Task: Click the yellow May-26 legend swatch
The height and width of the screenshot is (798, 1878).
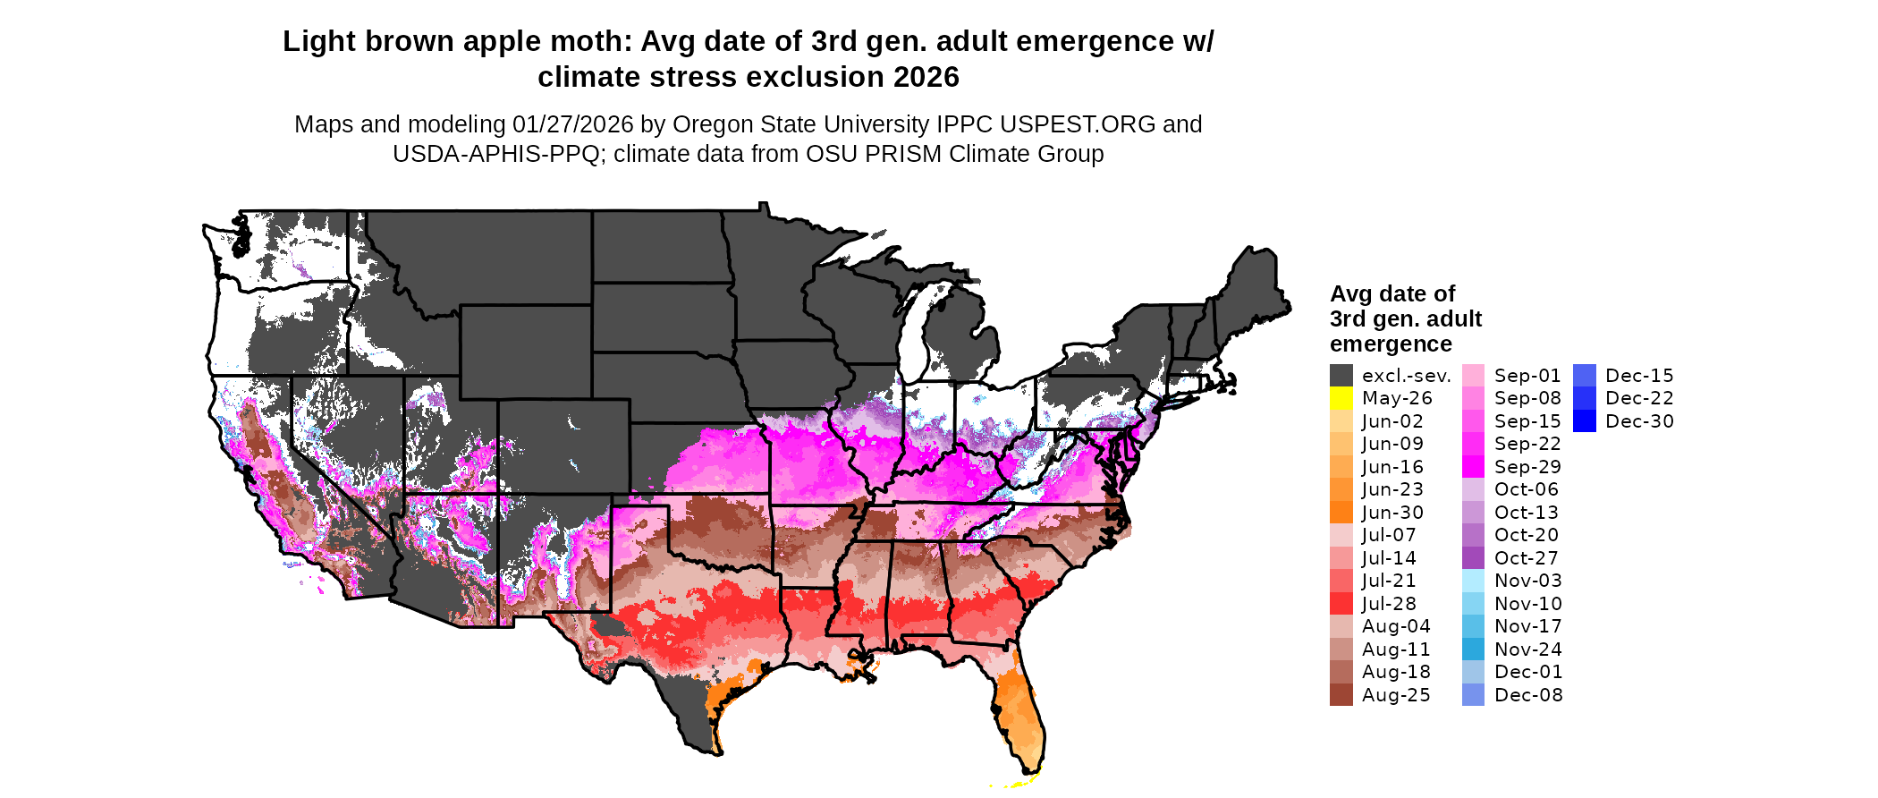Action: pyautogui.click(x=1341, y=398)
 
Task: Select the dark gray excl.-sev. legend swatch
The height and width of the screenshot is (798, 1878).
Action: pyautogui.click(x=1341, y=376)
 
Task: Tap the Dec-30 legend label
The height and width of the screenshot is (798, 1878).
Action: pyautogui.click(x=1639, y=421)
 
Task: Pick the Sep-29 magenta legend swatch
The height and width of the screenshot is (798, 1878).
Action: pyautogui.click(x=1473, y=467)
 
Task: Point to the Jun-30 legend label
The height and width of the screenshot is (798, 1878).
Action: pyautogui.click(x=1392, y=513)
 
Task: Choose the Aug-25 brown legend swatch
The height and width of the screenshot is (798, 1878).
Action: pyautogui.click(x=1341, y=695)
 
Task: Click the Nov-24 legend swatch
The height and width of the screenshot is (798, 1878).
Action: pyautogui.click(x=1473, y=649)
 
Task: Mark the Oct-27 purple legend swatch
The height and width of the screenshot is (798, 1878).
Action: pyautogui.click(x=1473, y=558)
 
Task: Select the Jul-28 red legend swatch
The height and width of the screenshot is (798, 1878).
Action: pyautogui.click(x=1341, y=604)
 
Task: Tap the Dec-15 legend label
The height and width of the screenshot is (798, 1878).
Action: pyautogui.click(x=1639, y=376)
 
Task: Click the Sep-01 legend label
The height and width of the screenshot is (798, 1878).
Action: pyautogui.click(x=1527, y=376)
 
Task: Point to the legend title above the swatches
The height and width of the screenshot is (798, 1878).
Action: pyautogui.click(x=1405, y=318)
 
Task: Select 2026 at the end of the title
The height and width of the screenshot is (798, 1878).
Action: pyautogui.click(x=926, y=78)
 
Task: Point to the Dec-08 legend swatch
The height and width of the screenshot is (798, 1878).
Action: pyautogui.click(x=1473, y=695)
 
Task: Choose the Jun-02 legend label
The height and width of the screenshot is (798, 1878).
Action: pyautogui.click(x=1392, y=421)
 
